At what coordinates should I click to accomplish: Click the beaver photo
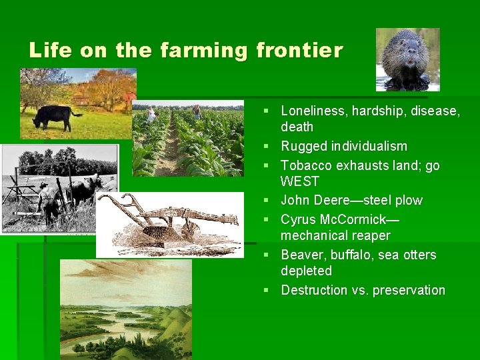pyautogui.click(x=407, y=59)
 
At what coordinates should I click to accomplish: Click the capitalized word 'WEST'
pyautogui.click(x=300, y=181)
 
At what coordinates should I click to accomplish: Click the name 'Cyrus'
pyautogui.click(x=299, y=219)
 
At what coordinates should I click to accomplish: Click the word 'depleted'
pyautogui.click(x=306, y=271)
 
